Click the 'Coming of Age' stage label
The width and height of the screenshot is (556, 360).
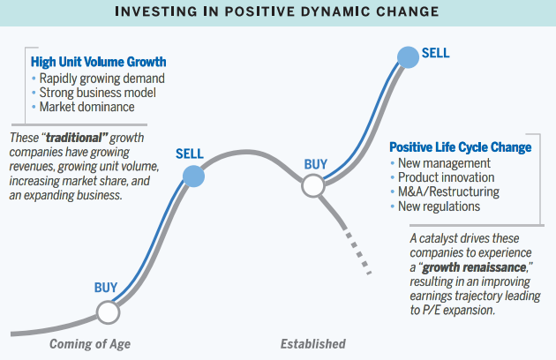(x=90, y=344)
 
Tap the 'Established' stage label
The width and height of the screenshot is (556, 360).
(x=313, y=344)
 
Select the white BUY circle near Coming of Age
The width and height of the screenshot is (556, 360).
(x=109, y=312)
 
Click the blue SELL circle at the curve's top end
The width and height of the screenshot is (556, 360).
(x=408, y=57)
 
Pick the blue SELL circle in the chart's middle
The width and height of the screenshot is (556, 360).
(x=193, y=176)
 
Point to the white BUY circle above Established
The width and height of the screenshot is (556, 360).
(x=313, y=185)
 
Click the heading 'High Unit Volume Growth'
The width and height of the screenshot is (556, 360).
(x=98, y=62)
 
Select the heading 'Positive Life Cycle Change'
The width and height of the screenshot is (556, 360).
(x=461, y=147)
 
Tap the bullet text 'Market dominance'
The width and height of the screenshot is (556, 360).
(x=86, y=107)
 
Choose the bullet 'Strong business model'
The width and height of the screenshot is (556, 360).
(x=97, y=93)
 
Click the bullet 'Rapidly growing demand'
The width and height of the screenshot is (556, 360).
(x=102, y=79)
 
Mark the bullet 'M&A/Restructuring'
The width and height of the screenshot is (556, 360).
(x=448, y=191)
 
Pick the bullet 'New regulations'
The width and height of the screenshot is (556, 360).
(x=439, y=206)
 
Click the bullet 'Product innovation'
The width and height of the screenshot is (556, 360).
(x=446, y=177)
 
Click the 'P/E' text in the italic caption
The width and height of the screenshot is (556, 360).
(x=431, y=311)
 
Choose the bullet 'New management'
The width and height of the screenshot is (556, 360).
(x=444, y=163)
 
